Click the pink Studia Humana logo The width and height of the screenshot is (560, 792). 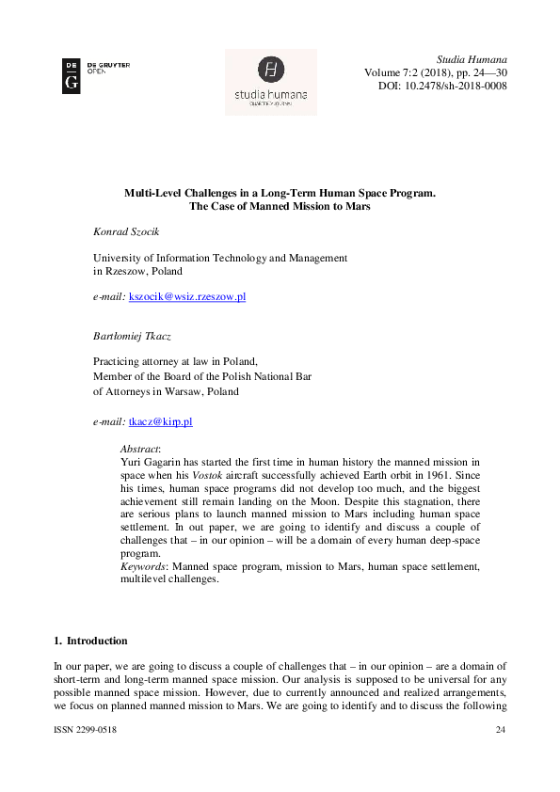(271, 82)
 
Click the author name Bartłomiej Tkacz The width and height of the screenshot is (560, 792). (133, 335)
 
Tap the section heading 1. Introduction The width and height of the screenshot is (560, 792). (90, 642)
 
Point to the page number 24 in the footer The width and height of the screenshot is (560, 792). (500, 730)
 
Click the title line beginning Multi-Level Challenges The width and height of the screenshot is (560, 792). (280, 192)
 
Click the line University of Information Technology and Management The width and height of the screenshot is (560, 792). (219, 258)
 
